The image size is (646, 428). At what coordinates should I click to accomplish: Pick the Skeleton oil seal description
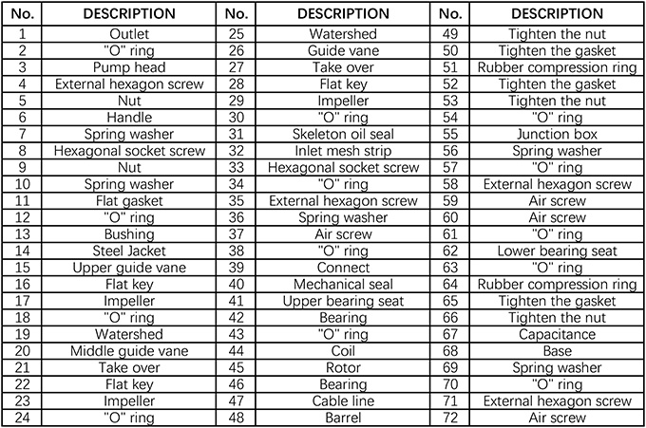pyautogui.click(x=343, y=135)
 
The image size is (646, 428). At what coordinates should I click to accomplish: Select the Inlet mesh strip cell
pyautogui.click(x=343, y=152)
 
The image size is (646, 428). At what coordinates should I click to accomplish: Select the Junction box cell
pyautogui.click(x=557, y=135)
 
